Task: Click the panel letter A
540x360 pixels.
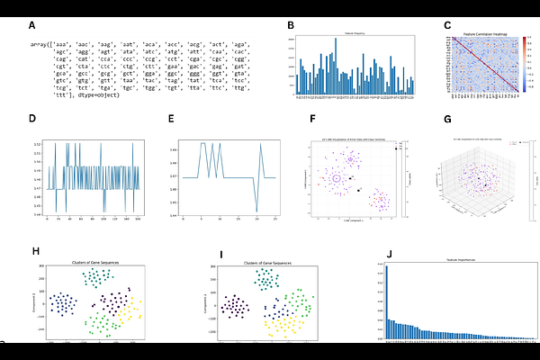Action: click(32, 26)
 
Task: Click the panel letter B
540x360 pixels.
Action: click(290, 26)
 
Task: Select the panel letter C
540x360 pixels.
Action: click(447, 26)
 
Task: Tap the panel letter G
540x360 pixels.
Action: click(447, 119)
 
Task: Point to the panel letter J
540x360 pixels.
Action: click(388, 255)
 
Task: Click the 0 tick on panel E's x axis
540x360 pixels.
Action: click(183, 218)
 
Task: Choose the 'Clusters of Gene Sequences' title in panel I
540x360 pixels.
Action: click(265, 263)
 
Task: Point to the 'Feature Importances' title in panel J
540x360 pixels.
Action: click(460, 259)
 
